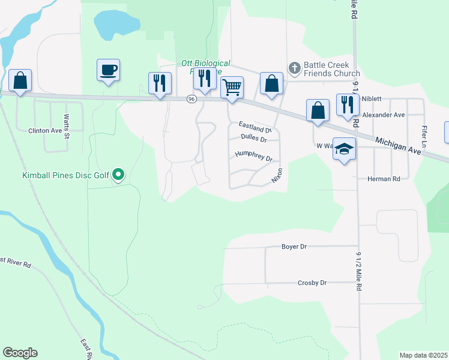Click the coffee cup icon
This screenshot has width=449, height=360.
click(108, 70)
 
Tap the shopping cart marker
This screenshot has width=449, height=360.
click(232, 87)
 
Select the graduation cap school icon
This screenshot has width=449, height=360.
click(345, 149)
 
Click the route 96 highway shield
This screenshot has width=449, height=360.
click(191, 99)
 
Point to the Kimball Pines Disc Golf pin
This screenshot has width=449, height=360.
click(119, 175)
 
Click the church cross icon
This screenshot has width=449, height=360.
click(294, 68)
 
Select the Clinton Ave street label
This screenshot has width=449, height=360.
click(46, 130)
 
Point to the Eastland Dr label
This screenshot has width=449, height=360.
click(255, 127)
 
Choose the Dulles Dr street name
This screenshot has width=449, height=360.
click(253, 137)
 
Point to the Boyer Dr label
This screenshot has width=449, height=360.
click(294, 247)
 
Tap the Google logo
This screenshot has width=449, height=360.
click(20, 353)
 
